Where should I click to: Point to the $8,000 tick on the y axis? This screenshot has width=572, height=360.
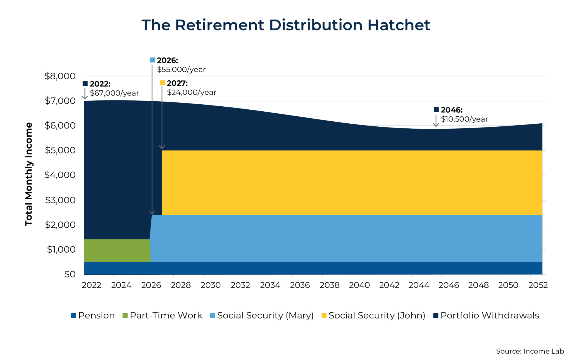pyautogui.click(x=60, y=76)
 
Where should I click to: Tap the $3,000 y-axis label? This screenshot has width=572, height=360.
pyautogui.click(x=60, y=200)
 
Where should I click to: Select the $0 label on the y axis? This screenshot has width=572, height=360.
pyautogui.click(x=70, y=274)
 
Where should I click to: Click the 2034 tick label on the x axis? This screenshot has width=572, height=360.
pyautogui.click(x=270, y=285)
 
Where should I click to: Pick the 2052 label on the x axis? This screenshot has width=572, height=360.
pyautogui.click(x=538, y=285)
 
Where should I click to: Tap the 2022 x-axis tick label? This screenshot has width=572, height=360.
pyautogui.click(x=92, y=285)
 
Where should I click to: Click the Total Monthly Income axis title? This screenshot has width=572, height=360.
pyautogui.click(x=29, y=174)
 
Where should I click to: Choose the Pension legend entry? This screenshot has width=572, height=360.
pyautogui.click(x=93, y=315)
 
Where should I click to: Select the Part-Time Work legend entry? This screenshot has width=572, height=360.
pyautogui.click(x=162, y=315)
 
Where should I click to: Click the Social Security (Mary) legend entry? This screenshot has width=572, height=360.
pyautogui.click(x=262, y=315)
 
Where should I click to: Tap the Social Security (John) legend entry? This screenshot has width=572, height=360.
pyautogui.click(x=373, y=315)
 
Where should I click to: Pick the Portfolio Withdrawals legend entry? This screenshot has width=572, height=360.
pyautogui.click(x=486, y=315)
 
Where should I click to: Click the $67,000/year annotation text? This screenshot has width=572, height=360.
pyautogui.click(x=114, y=93)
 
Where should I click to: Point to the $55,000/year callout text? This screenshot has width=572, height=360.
pyautogui.click(x=181, y=69)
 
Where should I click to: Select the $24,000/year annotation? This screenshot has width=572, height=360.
pyautogui.click(x=192, y=92)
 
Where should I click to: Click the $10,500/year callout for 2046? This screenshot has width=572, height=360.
pyautogui.click(x=464, y=119)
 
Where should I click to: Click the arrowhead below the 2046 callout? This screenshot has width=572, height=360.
pyautogui.click(x=436, y=125)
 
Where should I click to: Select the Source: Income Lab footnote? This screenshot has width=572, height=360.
pyautogui.click(x=530, y=351)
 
